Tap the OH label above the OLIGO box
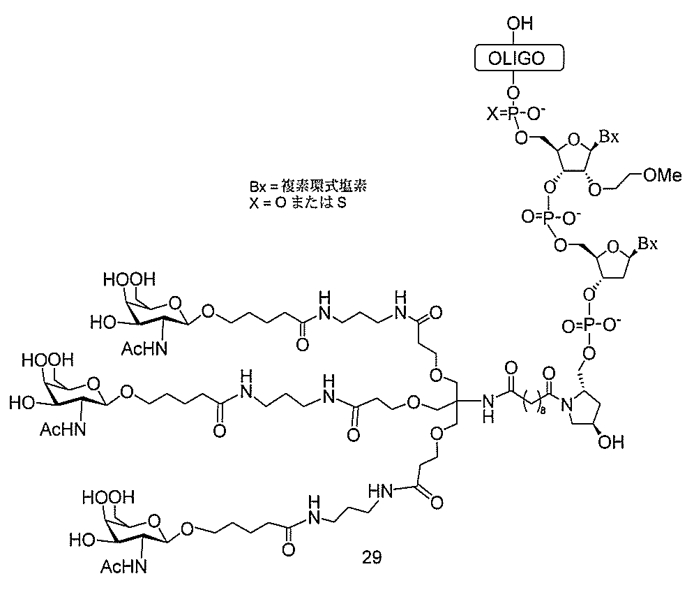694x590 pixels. pyautogui.click(x=520, y=24)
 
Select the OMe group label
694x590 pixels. pyautogui.click(x=663, y=175)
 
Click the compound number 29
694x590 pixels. pyautogui.click(x=372, y=556)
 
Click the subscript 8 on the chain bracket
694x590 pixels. pyautogui.click(x=542, y=411)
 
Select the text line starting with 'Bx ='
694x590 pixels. pyautogui.click(x=308, y=186)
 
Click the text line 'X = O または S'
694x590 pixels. pyautogui.click(x=297, y=203)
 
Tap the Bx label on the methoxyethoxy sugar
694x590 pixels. pyautogui.click(x=609, y=137)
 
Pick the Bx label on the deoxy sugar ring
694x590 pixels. pyautogui.click(x=647, y=244)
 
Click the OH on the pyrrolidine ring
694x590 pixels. pyautogui.click(x=611, y=441)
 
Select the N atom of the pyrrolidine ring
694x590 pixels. pyautogui.click(x=566, y=404)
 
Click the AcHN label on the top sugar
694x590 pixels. pyautogui.click(x=145, y=349)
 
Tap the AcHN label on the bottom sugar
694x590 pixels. pyautogui.click(x=123, y=566)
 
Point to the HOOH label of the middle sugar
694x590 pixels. pyautogui.click(x=48, y=360)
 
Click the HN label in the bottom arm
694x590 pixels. pyautogui.click(x=379, y=491)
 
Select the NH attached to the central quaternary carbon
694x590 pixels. pyautogui.click(x=488, y=408)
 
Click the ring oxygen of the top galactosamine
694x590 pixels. pyautogui.click(x=176, y=303)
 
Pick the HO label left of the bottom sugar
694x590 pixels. pyautogui.click(x=82, y=540)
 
